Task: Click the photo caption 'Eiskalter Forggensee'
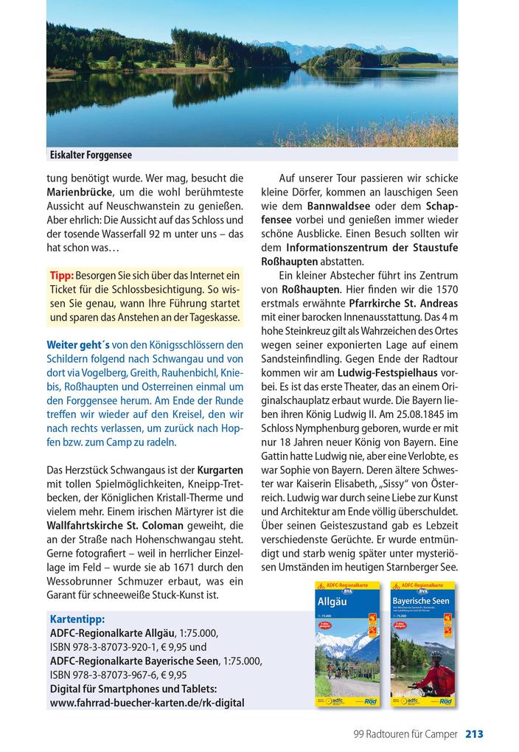(91, 155)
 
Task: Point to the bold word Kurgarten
(220, 470)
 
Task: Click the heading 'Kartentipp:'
(77, 618)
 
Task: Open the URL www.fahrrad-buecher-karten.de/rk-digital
(147, 703)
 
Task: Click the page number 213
(474, 734)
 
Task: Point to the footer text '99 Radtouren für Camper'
(405, 734)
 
